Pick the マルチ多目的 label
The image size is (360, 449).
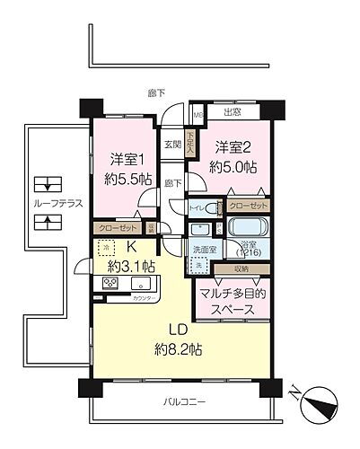click(x=233, y=293)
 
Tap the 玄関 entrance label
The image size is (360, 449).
click(x=172, y=145)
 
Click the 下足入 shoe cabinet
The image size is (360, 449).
click(x=189, y=144)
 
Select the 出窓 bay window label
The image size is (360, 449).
click(x=231, y=112)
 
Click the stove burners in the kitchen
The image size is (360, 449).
click(x=112, y=284)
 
